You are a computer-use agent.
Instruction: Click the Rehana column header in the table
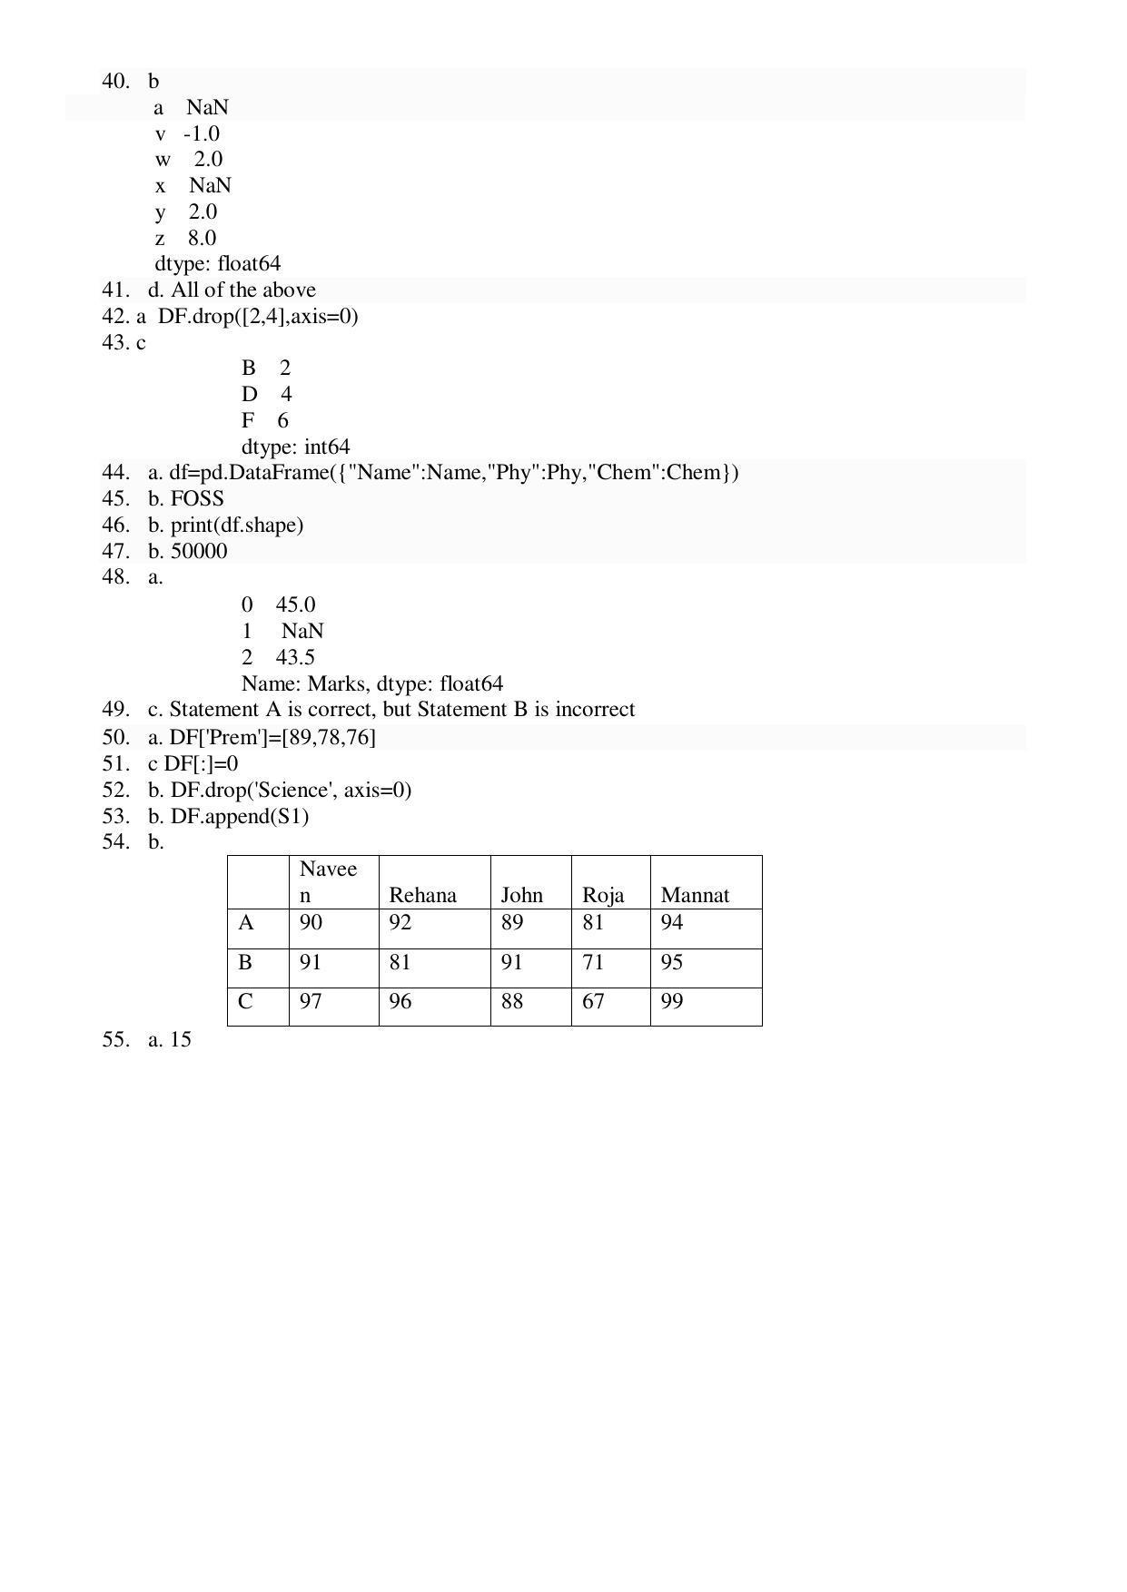422,895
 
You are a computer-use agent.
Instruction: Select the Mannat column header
695,895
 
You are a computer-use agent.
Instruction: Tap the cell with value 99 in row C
672,1001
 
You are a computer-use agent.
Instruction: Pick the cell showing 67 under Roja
593,1001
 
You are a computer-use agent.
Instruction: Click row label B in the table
245,962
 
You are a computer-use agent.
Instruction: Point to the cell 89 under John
512,923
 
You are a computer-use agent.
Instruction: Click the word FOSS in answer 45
197,499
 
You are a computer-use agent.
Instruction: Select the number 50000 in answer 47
199,552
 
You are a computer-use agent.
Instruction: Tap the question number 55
115,1040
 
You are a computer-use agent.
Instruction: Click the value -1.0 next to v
202,134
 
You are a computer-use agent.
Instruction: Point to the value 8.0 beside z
203,239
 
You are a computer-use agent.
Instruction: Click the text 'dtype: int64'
295,447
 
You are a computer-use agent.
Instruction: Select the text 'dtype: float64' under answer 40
218,264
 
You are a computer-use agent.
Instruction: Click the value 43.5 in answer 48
295,657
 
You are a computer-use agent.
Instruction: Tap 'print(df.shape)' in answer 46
237,526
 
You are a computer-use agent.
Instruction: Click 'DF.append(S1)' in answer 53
240,817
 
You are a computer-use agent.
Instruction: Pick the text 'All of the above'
243,290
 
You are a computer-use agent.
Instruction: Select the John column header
521,895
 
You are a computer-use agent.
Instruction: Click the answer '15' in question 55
181,1040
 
